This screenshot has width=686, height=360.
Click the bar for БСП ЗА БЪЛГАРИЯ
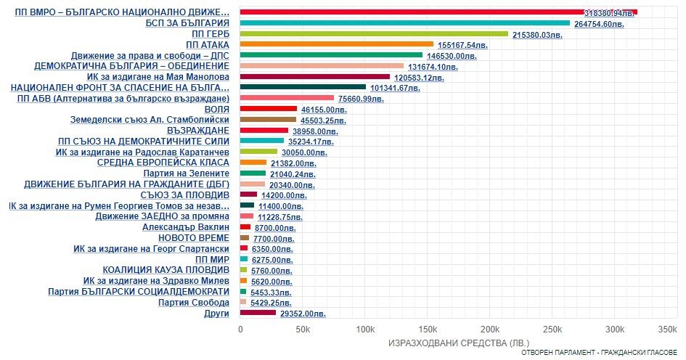coord(405,23)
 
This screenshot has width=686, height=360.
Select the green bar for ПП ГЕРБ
coord(374,33)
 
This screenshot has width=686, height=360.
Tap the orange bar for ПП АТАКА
coord(337,44)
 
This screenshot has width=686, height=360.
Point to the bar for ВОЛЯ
coord(269,109)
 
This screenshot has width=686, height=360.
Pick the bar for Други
coord(258,313)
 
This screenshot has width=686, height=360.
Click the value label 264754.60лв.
coord(599,25)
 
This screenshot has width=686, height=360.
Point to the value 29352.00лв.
coord(303,314)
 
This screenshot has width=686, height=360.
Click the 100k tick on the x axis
coord(365,330)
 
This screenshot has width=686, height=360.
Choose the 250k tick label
coord(552,330)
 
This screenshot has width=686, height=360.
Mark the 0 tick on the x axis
coord(240,330)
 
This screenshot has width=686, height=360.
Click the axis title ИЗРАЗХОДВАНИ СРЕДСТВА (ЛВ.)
coord(459,343)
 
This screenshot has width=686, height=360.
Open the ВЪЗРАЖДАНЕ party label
coord(198,131)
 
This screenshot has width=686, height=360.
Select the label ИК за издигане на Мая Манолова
coord(158,77)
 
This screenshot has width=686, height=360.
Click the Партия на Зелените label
coord(187,173)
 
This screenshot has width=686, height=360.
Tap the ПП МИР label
coord(212,259)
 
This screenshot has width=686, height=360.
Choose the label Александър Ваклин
coord(186,227)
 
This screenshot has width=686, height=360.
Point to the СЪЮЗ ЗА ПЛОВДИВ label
coord(184,195)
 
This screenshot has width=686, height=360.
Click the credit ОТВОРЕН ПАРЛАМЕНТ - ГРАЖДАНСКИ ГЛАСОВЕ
coord(600,353)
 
